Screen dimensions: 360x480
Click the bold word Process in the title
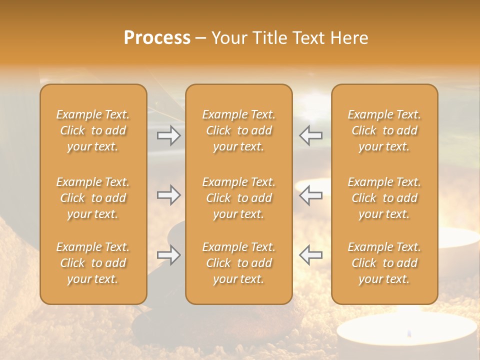[157, 38]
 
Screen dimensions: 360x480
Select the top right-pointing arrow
[169, 135]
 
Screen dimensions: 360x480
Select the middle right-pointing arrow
[169, 195]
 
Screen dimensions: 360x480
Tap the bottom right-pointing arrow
[169, 255]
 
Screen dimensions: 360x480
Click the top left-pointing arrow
[310, 135]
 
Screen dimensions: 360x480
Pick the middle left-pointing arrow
[310, 195]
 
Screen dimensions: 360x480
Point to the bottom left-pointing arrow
[310, 255]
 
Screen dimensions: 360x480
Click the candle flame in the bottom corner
[408, 332]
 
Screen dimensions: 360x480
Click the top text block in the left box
[93, 130]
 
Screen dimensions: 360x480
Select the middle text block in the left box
[93, 198]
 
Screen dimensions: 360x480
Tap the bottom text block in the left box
[93, 263]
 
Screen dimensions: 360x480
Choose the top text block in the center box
[238, 130]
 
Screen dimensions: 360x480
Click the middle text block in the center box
[238, 198]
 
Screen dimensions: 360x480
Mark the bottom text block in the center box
[238, 263]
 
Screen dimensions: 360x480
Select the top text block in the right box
[384, 130]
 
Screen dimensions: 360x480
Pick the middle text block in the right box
[384, 198]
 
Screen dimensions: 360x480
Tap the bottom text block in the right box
[384, 263]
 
